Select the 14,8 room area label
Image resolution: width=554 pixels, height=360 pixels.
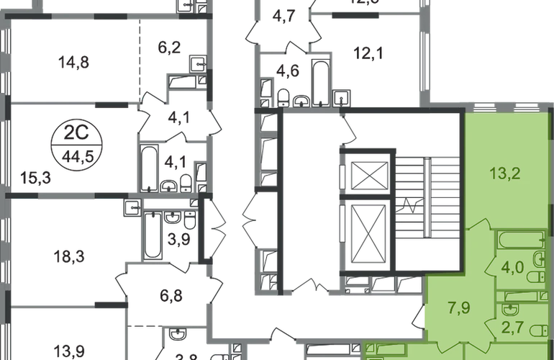point(73,61)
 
